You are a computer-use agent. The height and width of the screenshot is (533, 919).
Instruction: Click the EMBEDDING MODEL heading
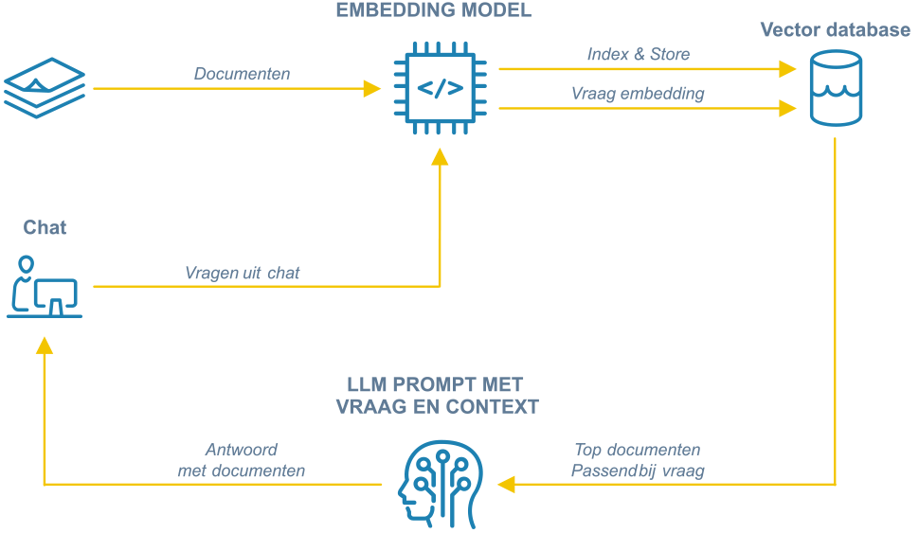click(434, 11)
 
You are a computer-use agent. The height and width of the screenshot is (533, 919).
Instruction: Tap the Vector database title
click(835, 30)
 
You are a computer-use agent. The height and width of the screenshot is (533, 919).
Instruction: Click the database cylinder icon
click(836, 89)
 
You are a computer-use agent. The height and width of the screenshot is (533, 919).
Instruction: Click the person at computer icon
click(45, 286)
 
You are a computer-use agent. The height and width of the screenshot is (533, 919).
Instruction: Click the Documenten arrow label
click(243, 74)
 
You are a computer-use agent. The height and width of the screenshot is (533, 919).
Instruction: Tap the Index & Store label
click(639, 54)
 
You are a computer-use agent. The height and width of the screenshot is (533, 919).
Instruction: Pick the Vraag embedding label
click(638, 94)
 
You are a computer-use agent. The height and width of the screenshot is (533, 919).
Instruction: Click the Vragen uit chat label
click(243, 273)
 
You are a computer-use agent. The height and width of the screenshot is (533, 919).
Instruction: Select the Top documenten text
click(638, 450)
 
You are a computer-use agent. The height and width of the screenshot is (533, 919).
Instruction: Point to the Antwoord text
click(242, 450)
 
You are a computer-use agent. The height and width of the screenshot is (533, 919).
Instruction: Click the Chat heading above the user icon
click(45, 227)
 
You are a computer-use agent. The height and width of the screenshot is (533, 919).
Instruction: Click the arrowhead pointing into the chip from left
click(372, 89)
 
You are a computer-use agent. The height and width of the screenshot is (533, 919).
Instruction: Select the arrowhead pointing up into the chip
click(440, 159)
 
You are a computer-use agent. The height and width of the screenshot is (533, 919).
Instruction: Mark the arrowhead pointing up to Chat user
click(45, 347)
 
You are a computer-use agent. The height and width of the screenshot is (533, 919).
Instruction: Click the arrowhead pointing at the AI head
click(507, 484)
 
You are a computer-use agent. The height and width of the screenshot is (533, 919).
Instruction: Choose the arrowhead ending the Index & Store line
click(786, 69)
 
